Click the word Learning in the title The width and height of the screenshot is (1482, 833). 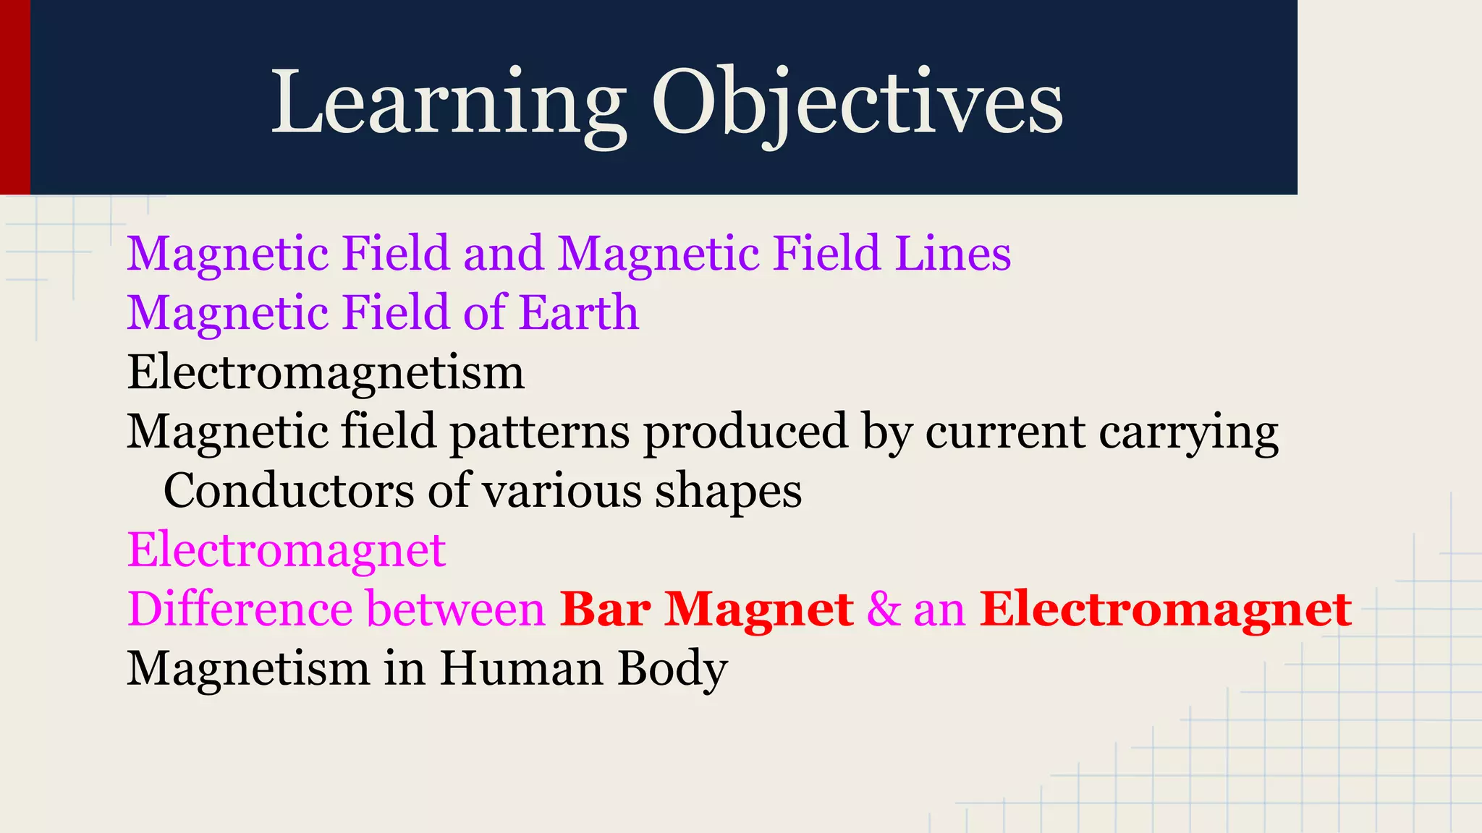coord(449,103)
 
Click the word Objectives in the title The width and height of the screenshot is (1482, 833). coord(858,103)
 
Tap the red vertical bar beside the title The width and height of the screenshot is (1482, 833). coord(14,97)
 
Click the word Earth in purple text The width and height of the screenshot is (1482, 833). coord(579,313)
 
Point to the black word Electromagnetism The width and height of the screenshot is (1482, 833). coord(326,373)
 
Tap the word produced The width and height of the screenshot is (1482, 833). coord(745,432)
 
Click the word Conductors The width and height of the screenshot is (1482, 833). coord(289,492)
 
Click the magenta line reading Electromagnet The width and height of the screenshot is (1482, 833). coord(287,551)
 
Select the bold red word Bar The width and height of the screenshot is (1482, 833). coord(605,610)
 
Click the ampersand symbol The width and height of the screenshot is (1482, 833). coord(883,610)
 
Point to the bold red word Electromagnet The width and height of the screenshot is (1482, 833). coord(1165,610)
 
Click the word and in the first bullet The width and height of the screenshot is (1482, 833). coord(503,254)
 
